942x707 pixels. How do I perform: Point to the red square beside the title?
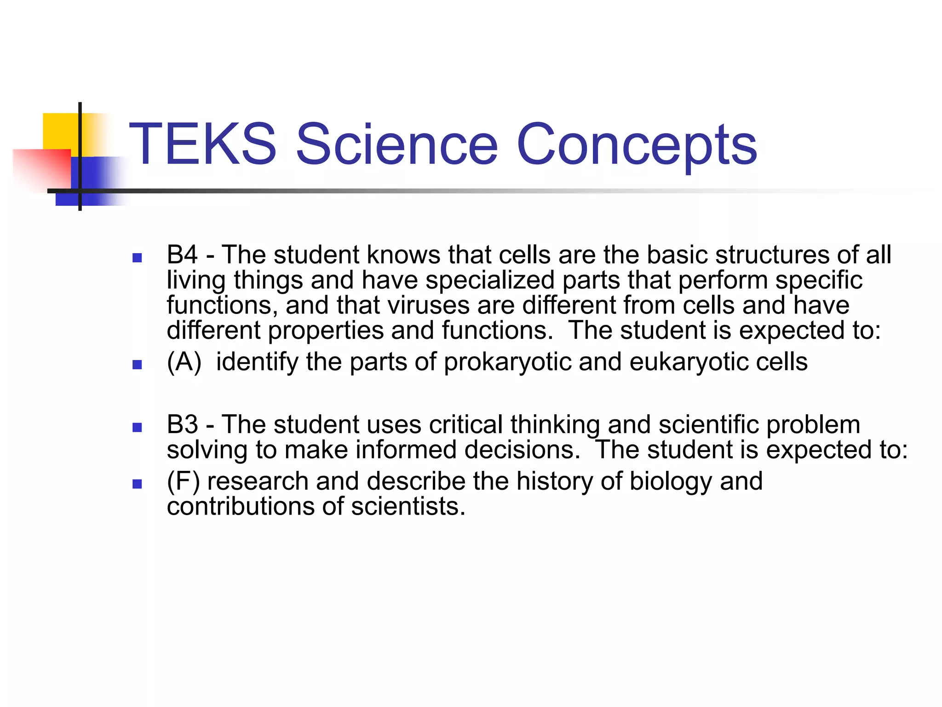[41, 168]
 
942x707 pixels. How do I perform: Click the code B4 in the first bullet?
[182, 255]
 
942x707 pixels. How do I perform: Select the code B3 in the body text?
[182, 424]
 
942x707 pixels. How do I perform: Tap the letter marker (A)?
[184, 362]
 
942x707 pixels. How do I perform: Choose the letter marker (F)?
[183, 481]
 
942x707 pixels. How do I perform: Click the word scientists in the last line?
[408, 507]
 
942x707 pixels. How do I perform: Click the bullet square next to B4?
[137, 258]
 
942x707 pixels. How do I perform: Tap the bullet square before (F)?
[137, 484]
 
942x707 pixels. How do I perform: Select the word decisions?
[522, 450]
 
